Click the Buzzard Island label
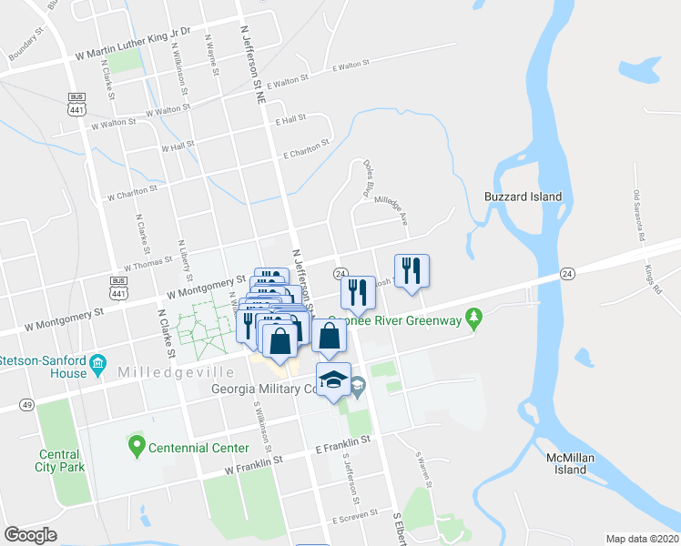[523, 197]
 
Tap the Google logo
[31, 535]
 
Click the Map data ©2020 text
[643, 539]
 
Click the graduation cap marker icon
[334, 379]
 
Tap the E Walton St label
[352, 66]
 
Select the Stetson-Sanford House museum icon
[97, 371]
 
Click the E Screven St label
[354, 519]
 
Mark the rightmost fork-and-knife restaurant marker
[412, 270]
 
